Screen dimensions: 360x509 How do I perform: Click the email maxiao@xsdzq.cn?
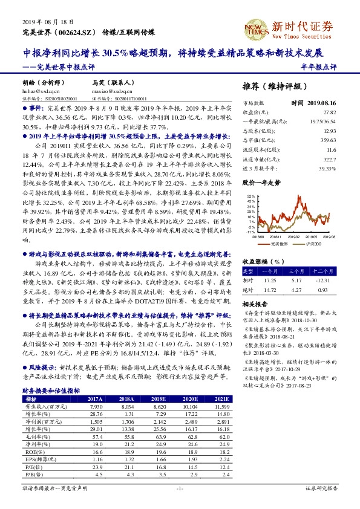coord(108,89)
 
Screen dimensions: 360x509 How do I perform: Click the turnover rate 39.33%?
coord(327,168)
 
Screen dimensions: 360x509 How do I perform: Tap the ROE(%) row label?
coord(33,451)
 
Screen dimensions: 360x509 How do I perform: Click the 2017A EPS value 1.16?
coord(94,460)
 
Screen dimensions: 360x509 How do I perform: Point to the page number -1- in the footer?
coord(179,487)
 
